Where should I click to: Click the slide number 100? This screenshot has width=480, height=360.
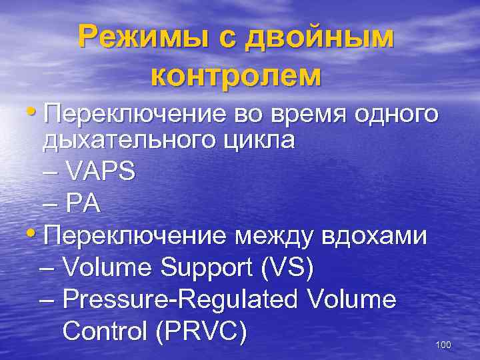(443, 345)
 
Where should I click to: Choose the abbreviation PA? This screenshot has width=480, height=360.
(83, 203)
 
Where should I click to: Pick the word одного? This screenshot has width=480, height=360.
(399, 115)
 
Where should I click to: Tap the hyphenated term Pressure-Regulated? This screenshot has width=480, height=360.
(181, 299)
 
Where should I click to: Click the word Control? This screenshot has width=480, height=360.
(104, 331)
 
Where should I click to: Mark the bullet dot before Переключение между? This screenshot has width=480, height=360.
(34, 235)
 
